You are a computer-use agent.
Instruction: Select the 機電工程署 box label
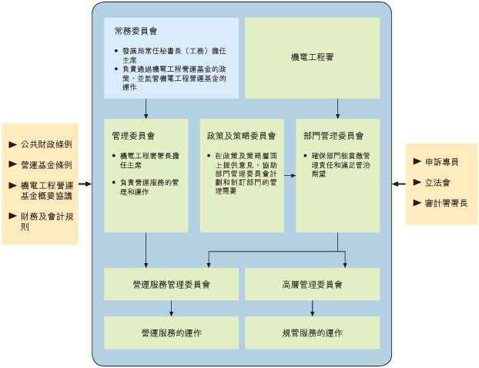click(x=312, y=58)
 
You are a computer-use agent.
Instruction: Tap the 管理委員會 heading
click(x=133, y=135)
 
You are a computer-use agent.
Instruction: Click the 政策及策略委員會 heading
click(x=241, y=135)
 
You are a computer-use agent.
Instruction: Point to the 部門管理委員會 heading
click(x=333, y=135)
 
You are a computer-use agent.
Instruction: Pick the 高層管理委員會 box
click(x=312, y=284)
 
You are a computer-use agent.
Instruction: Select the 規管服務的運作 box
click(x=312, y=333)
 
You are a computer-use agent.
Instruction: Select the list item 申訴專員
click(x=441, y=162)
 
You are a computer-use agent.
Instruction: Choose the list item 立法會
click(x=437, y=183)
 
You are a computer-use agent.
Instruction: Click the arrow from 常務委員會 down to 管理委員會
click(x=146, y=108)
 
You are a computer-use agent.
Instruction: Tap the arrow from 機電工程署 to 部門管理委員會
click(x=337, y=108)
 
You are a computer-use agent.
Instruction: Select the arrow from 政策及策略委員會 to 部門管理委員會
click(x=290, y=176)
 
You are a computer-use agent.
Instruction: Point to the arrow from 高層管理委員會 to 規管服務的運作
click(x=312, y=308)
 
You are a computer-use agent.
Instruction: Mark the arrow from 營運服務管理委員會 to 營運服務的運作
click(x=171, y=308)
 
